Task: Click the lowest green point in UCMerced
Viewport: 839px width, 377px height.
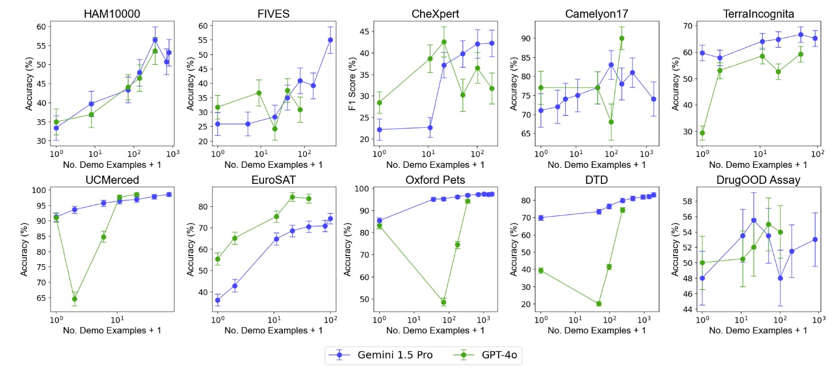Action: click(74, 299)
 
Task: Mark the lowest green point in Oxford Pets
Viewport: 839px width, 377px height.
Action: click(443, 302)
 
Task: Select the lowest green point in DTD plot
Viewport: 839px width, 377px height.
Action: click(599, 304)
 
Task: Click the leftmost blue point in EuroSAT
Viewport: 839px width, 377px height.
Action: click(217, 300)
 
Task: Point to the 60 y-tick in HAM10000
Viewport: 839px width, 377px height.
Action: click(41, 26)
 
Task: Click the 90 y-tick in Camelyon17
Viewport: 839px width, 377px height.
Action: click(526, 38)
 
